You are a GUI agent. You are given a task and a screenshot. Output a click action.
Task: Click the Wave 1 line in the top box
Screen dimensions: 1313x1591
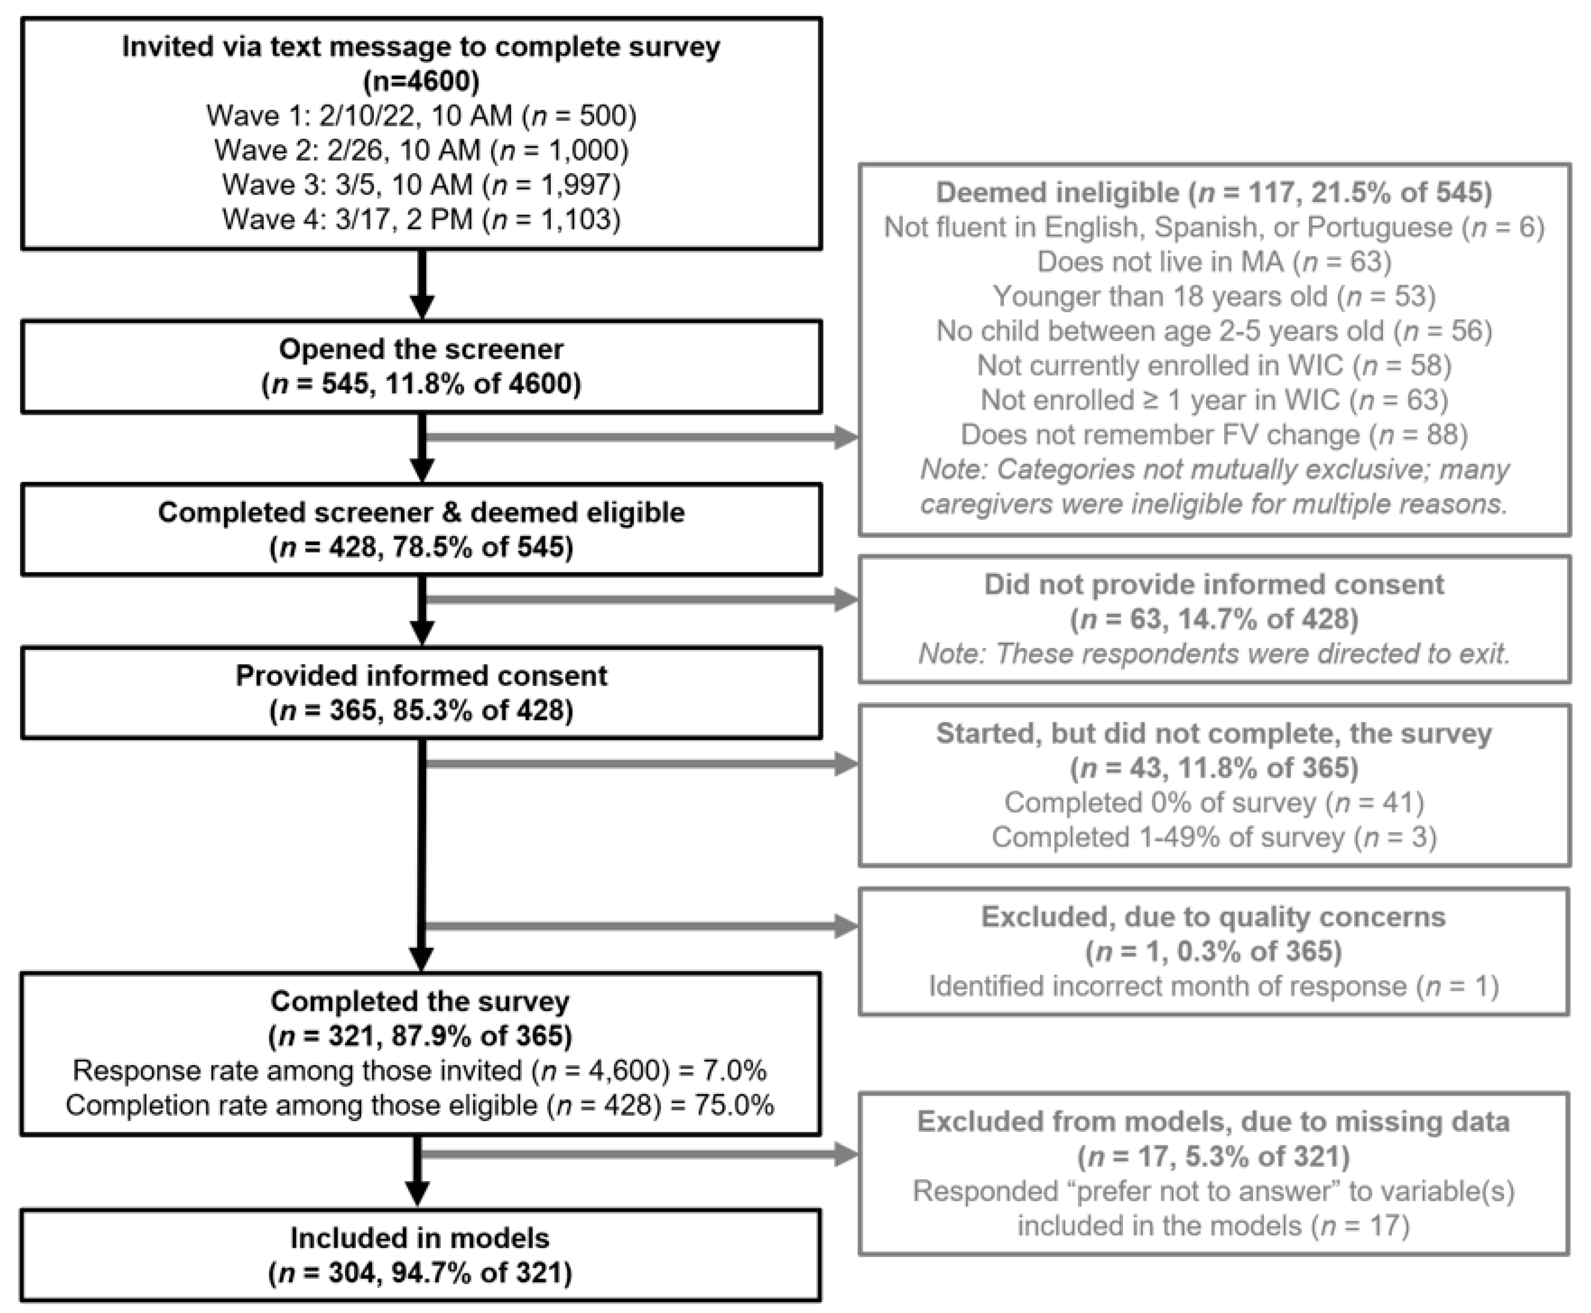[421, 116]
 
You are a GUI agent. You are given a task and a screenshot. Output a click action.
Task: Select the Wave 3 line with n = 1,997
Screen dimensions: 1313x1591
[421, 184]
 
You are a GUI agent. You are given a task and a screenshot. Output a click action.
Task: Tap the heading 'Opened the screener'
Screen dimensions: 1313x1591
[421, 349]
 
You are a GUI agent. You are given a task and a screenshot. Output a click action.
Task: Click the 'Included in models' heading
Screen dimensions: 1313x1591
[420, 1238]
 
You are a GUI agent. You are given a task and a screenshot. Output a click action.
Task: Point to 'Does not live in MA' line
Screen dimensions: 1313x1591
[1214, 262]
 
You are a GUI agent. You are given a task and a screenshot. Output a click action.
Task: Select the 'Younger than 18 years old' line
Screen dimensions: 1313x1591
[1214, 297]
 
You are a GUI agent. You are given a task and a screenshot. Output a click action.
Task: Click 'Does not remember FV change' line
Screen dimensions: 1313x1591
[1214, 435]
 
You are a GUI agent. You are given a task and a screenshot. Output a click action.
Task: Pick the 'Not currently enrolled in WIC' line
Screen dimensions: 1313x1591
[1214, 365]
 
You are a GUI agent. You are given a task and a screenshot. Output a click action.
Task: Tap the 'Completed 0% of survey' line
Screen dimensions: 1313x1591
[1214, 803]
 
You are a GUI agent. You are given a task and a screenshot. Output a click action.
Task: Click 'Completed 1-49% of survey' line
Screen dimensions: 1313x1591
[1214, 837]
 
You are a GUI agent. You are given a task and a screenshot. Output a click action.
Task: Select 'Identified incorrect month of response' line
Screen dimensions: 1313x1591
[1214, 986]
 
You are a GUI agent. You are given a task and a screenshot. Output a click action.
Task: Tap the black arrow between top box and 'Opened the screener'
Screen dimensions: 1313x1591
[421, 284]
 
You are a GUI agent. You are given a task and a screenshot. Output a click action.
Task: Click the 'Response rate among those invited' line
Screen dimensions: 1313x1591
[420, 1071]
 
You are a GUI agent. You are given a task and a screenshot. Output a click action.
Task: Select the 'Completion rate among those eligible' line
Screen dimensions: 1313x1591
[420, 1106]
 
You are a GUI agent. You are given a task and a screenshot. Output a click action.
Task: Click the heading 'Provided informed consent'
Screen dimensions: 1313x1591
[421, 676]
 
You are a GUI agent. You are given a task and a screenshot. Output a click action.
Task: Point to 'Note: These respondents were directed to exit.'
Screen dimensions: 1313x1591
[1214, 654]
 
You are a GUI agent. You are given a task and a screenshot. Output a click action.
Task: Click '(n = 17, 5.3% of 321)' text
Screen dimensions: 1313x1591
[1214, 1157]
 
